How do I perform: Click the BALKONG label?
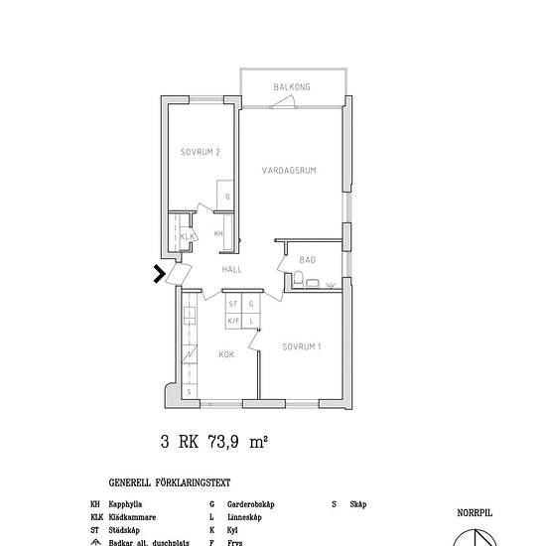pyautogui.click(x=292, y=87)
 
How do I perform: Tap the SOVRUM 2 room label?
pyautogui.click(x=200, y=152)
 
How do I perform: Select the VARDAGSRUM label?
pyautogui.click(x=289, y=171)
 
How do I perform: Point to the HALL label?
pyautogui.click(x=232, y=269)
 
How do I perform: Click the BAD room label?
pyautogui.click(x=308, y=260)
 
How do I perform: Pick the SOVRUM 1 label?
pyautogui.click(x=301, y=346)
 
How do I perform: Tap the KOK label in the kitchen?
pyautogui.click(x=226, y=353)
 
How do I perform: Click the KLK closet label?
pyautogui.click(x=186, y=236)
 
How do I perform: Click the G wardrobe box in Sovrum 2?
pyautogui.click(x=227, y=196)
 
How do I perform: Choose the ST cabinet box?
pyautogui.click(x=233, y=305)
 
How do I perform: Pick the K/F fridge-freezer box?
pyautogui.click(x=233, y=321)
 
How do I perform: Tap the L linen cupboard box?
pyautogui.click(x=251, y=321)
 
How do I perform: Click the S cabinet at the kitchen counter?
pyautogui.click(x=188, y=392)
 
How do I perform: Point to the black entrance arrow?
pyautogui.click(x=159, y=274)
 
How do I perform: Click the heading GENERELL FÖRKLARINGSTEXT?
pyautogui.click(x=169, y=483)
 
